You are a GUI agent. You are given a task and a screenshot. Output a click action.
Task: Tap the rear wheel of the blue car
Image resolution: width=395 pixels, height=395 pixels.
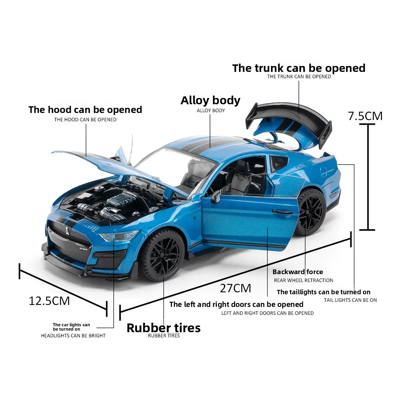310,212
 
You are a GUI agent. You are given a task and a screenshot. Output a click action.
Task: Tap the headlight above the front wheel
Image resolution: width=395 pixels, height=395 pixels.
118,236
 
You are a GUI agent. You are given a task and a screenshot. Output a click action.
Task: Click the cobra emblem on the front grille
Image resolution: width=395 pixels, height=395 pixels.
67,231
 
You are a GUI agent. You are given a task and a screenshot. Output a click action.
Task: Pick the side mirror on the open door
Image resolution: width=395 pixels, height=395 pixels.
216,197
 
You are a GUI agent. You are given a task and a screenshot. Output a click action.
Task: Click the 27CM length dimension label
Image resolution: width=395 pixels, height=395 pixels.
235,288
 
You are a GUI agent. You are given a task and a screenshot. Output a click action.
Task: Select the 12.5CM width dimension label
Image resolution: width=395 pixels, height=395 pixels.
49,301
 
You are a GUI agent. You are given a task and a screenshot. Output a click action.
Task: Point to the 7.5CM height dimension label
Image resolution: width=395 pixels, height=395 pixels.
365,116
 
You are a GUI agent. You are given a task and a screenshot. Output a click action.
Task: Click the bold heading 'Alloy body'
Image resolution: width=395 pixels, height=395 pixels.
211,100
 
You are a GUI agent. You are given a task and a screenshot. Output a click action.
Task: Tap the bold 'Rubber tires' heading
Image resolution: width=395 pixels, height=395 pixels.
164,328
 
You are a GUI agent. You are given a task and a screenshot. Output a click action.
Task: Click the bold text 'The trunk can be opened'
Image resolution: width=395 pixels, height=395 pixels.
299,68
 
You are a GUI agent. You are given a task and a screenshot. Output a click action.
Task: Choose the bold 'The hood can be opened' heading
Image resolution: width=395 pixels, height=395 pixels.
85,110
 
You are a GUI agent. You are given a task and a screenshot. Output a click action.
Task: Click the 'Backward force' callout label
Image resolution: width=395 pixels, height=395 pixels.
297,272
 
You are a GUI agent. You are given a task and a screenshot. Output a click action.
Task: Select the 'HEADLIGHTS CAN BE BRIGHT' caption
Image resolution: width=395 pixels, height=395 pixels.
73,335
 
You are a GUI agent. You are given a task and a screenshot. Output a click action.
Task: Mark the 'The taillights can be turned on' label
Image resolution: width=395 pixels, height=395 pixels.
324,292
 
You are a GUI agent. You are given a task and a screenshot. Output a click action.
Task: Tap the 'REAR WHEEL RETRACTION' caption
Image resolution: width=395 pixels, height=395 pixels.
303,280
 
